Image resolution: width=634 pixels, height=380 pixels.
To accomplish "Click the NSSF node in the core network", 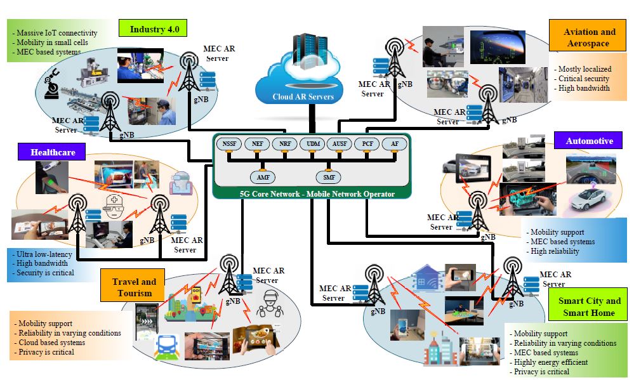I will (x=228, y=145).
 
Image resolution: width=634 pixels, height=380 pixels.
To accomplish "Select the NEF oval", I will (x=256, y=145).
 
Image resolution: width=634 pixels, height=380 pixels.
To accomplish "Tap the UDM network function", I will (x=312, y=145).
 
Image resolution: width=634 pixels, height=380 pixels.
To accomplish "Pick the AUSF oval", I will (x=340, y=145).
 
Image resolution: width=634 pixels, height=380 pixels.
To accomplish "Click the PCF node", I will (x=367, y=145).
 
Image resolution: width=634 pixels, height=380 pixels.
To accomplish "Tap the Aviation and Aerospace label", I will (x=590, y=37).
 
